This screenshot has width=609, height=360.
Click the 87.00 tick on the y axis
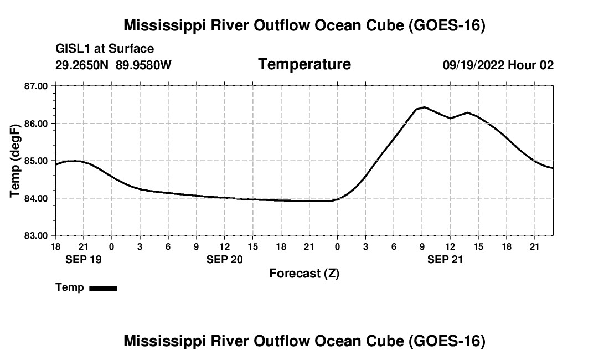36,86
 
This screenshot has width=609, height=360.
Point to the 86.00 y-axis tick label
36,124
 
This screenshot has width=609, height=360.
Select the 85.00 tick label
36,161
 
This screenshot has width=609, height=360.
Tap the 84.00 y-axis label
36,198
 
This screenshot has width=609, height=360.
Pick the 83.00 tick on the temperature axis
36,236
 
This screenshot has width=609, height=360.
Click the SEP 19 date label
84,259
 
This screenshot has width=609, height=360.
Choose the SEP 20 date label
224,259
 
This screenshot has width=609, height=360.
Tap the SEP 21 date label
445,259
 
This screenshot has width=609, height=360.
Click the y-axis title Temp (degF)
15,161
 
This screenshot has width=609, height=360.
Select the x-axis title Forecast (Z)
304,274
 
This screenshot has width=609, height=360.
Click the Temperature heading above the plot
304,64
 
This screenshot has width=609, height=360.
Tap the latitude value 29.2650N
81,65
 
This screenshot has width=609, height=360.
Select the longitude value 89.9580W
143,65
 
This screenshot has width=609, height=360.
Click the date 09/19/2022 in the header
473,65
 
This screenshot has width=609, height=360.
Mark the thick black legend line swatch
104,288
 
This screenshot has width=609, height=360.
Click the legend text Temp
70,287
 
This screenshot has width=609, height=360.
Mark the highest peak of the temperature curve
425,107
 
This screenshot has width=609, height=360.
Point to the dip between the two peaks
451,118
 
